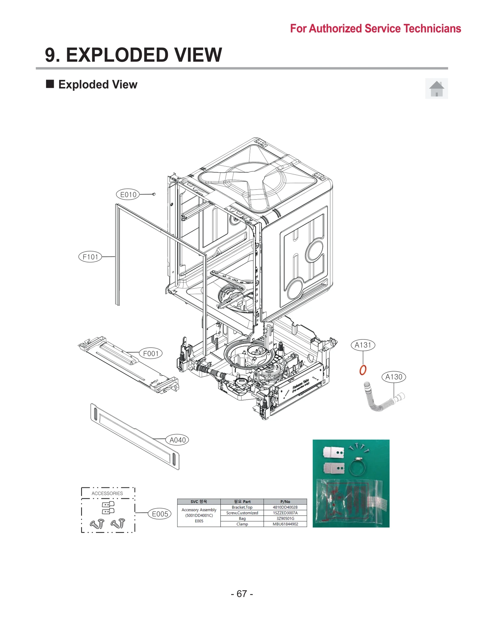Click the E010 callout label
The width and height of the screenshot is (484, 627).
click(x=128, y=194)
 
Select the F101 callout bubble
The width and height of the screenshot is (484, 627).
click(x=90, y=257)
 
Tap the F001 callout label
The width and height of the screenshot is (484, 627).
click(x=151, y=353)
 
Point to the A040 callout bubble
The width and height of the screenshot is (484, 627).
click(x=177, y=440)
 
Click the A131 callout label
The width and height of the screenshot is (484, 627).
click(x=363, y=345)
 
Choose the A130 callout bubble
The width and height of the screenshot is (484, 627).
click(x=394, y=377)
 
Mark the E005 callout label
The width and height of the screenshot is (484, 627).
click(x=160, y=514)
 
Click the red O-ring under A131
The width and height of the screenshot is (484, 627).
click(x=363, y=370)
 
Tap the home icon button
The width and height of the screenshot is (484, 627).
click(x=436, y=89)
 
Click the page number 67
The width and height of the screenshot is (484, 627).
click(x=242, y=593)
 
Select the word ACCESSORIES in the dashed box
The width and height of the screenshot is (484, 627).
click(x=107, y=493)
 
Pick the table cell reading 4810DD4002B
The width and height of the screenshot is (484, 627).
click(x=285, y=507)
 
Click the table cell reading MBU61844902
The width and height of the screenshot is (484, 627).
click(x=285, y=524)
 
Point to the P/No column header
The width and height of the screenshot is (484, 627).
click(x=285, y=501)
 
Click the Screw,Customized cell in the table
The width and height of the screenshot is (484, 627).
click(x=242, y=513)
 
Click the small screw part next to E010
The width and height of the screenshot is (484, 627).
click(x=154, y=194)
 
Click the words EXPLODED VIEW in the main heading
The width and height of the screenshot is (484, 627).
click(x=144, y=55)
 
